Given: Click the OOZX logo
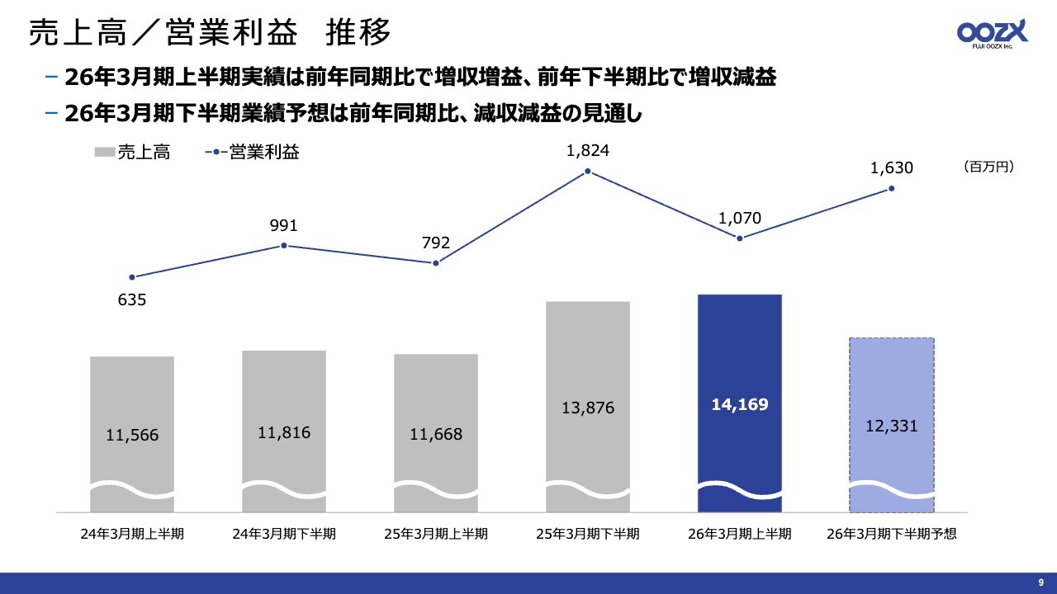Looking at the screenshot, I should coord(992,34).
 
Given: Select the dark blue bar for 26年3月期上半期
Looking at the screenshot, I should coord(739,363).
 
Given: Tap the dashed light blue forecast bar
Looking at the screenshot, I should coord(891,388).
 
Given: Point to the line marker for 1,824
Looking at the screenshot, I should coord(587,172).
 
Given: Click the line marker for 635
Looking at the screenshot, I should coord(132,277).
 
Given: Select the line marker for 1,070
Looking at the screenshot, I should coord(739,238).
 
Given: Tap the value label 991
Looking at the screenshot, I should coord(283,226).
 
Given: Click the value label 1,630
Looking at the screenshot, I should coord(892,168).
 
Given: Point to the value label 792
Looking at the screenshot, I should coord(436,243).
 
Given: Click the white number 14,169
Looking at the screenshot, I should coord(739,404).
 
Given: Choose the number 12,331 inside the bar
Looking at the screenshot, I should coord(892,427).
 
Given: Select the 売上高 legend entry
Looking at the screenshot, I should coord(132,152).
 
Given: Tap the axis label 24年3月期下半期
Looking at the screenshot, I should coord(284,534).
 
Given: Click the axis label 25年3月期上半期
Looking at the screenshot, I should coord(436,534).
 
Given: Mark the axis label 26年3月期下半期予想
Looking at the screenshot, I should coord(892,534).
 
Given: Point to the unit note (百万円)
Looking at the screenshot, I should coord(988,167).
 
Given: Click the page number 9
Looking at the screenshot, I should coord(1040,582).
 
